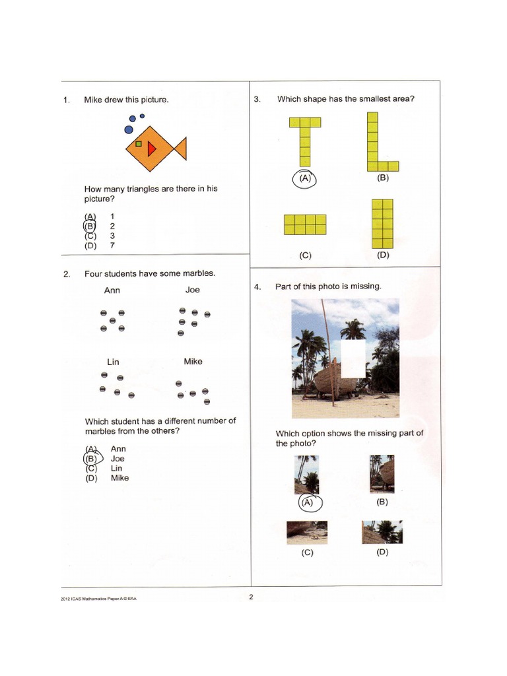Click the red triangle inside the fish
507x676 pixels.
click(x=151, y=149)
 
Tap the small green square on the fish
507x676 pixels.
click(x=139, y=143)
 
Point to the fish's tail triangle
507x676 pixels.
click(x=180, y=149)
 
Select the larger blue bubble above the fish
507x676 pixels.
click(x=132, y=119)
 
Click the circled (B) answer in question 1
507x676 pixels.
click(x=90, y=226)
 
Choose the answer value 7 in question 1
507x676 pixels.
click(x=113, y=246)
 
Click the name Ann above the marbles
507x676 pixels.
click(x=112, y=290)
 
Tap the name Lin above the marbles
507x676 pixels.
click(x=113, y=362)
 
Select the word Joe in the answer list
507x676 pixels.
click(x=118, y=458)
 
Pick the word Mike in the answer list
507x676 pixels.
click(x=119, y=478)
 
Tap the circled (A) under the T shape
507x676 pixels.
click(x=304, y=178)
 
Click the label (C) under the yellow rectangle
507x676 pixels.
click(x=305, y=255)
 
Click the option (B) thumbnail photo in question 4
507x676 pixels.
click(x=382, y=474)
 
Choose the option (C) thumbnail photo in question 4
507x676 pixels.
click(x=306, y=532)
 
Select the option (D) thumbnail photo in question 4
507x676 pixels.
click(x=382, y=532)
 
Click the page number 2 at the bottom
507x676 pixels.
click(x=252, y=597)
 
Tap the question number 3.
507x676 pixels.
click(x=257, y=100)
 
